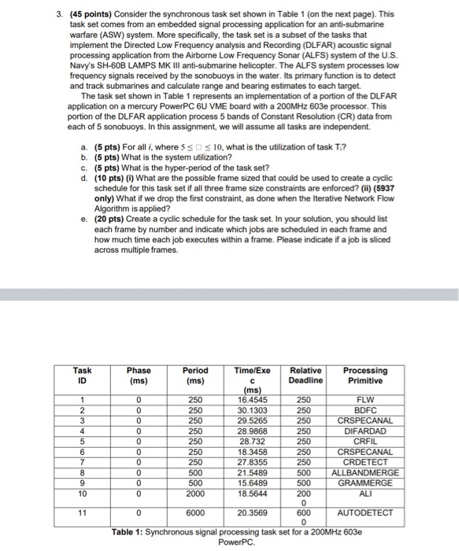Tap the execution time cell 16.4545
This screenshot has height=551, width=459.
pos(252,400)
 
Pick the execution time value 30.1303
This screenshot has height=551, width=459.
pos(252,410)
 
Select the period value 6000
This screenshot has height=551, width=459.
pos(195,512)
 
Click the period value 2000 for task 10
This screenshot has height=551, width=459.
pos(195,492)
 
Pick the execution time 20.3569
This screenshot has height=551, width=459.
pos(252,512)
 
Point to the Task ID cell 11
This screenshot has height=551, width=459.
pos(82,512)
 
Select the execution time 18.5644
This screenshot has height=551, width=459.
pos(252,492)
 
